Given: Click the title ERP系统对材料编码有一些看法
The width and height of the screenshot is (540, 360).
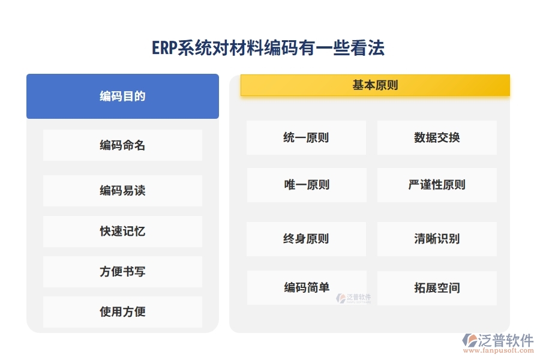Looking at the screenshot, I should coord(268,48).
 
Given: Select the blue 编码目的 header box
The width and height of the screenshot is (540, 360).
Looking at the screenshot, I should coord(122,96).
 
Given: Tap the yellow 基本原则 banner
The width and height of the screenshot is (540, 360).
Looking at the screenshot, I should coord(375,85).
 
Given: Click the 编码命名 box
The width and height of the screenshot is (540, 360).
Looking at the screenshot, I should coord(122,145).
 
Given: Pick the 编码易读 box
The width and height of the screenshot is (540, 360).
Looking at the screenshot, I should coord(122,191).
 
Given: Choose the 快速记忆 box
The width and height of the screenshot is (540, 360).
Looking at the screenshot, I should coord(122,232).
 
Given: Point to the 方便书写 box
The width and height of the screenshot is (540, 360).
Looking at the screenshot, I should coord(122,272).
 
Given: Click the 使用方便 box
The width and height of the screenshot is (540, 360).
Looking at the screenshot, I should coord(122,312).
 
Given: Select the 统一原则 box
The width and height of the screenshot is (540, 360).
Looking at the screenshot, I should coord(306,138).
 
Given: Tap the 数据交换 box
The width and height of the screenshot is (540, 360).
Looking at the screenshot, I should coord(437,138).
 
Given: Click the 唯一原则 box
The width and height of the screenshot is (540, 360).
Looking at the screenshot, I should coord(306,185).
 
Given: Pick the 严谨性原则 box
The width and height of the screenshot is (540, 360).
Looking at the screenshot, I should coord(437,185).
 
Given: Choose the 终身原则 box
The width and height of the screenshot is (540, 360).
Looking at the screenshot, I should coord(306,239).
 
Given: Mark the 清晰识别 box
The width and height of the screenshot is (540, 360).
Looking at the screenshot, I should coord(437,239).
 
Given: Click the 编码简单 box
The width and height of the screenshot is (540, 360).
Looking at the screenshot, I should coord(306,287).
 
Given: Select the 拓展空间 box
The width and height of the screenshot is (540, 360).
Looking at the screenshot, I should coord(437,288).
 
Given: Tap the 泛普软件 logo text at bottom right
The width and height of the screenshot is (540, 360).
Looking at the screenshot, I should coord(506,341).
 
